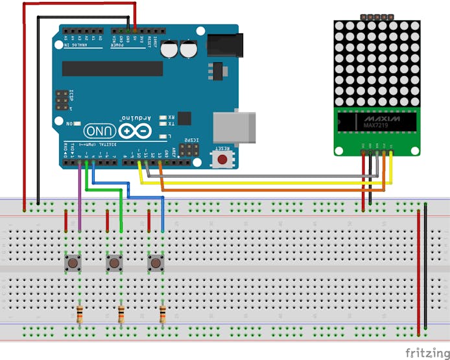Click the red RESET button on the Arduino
pyautogui.click(x=222, y=158)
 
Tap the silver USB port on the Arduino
pyautogui.click(x=235, y=126)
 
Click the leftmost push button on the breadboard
pyautogui.click(x=73, y=263)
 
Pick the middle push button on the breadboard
pyautogui.click(x=114, y=263)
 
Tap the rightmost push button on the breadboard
pyautogui.click(x=156, y=263)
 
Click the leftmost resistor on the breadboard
pyautogui.click(x=79, y=315)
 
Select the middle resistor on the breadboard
pyautogui.click(x=121, y=315)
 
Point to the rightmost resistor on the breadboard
pyautogui.click(x=162, y=315)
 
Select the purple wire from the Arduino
pyautogui.click(x=80, y=195)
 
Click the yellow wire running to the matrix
pyautogui.click(x=259, y=183)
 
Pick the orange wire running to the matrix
pyautogui.click(x=272, y=191)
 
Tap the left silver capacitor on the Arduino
pyautogui.click(x=170, y=50)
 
